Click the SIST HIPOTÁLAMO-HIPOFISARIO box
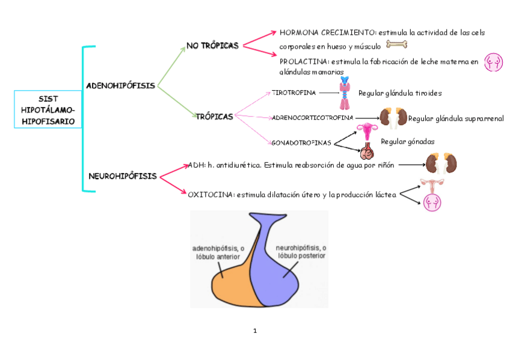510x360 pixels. (x=48, y=109)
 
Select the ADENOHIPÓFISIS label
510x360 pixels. (x=121, y=85)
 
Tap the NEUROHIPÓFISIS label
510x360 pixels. (x=123, y=176)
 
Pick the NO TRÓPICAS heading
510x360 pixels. (x=212, y=45)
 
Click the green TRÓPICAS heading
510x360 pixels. (x=214, y=116)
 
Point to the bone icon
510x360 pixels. (x=396, y=44)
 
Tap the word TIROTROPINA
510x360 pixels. (x=293, y=93)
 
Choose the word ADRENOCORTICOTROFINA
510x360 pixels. (x=313, y=118)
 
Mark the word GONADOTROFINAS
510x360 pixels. (x=302, y=143)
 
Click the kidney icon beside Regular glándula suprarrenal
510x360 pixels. (x=394, y=117)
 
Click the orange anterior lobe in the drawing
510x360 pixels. (x=232, y=279)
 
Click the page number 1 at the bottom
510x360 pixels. (x=255, y=331)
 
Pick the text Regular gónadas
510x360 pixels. (x=408, y=141)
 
